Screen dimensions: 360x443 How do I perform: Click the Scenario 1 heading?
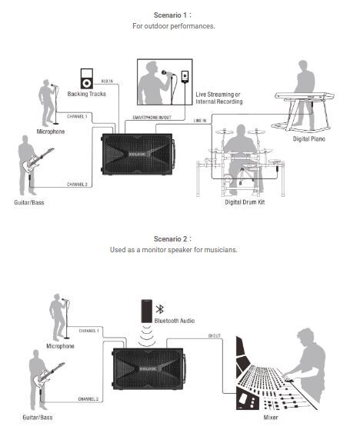(x=172, y=15)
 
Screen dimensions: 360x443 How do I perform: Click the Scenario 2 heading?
(x=172, y=239)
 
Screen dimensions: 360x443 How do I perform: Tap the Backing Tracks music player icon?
(x=86, y=78)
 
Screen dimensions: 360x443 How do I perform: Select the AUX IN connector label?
(x=107, y=82)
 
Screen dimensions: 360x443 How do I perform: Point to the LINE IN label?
(x=200, y=121)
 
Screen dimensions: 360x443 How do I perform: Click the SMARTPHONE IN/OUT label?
(x=152, y=117)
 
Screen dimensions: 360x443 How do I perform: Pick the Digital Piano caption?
(x=309, y=139)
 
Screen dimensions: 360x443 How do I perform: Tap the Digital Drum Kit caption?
(x=245, y=202)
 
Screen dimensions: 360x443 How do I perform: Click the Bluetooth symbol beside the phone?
(x=160, y=309)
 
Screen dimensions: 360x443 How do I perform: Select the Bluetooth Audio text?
(x=175, y=321)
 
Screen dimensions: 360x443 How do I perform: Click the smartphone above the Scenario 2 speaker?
(x=147, y=311)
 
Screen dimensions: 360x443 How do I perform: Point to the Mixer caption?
(x=271, y=418)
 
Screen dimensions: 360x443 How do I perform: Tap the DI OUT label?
(x=214, y=336)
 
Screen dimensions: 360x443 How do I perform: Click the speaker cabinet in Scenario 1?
(x=138, y=155)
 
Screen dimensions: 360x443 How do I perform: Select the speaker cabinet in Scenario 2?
(x=149, y=368)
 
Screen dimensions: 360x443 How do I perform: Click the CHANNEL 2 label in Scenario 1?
(x=77, y=185)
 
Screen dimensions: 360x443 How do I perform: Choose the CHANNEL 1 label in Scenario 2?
(x=88, y=331)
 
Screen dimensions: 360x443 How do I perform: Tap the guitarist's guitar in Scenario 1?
(x=37, y=160)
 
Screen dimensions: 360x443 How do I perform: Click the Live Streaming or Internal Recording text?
(x=219, y=98)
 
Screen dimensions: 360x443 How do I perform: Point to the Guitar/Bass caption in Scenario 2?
(x=38, y=418)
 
